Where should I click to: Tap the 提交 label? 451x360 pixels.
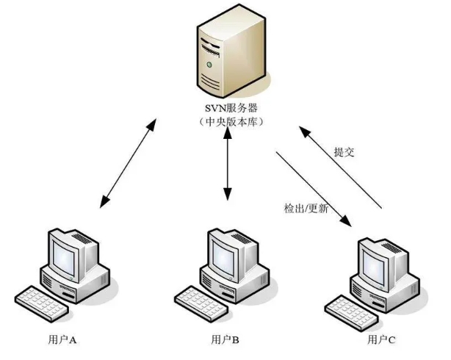[344, 152]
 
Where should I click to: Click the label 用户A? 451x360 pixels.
[62, 340]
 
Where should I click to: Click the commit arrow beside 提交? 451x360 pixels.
[341, 168]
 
